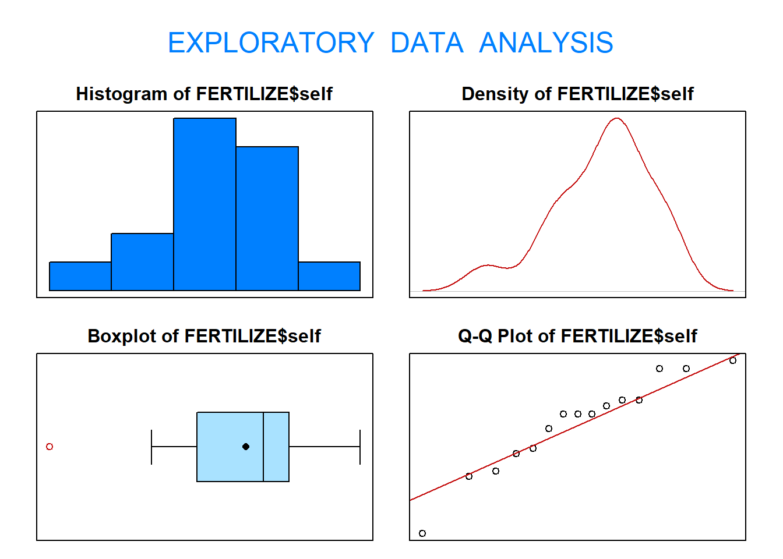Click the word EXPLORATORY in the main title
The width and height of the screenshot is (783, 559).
271,43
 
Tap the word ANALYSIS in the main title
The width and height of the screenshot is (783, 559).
546,43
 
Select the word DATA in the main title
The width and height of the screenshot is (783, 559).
426,43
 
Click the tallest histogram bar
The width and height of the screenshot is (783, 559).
204,204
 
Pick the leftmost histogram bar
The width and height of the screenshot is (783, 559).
80,276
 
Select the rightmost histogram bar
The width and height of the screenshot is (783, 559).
329,276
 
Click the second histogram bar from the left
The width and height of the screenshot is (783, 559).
142,262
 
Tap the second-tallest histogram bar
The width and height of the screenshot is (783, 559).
267,218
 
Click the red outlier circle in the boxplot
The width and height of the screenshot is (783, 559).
50,447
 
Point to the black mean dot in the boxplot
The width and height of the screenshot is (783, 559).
246,447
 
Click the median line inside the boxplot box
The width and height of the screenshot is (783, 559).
263,447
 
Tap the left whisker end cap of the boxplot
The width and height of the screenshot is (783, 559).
151,447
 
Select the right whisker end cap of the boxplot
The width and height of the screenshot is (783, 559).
360,447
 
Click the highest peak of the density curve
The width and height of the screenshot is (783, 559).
617,119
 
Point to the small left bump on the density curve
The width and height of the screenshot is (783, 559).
488,266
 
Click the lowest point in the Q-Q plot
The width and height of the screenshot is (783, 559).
422,533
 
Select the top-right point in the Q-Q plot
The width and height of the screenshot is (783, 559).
733,360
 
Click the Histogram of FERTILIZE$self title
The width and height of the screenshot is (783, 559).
204,94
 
